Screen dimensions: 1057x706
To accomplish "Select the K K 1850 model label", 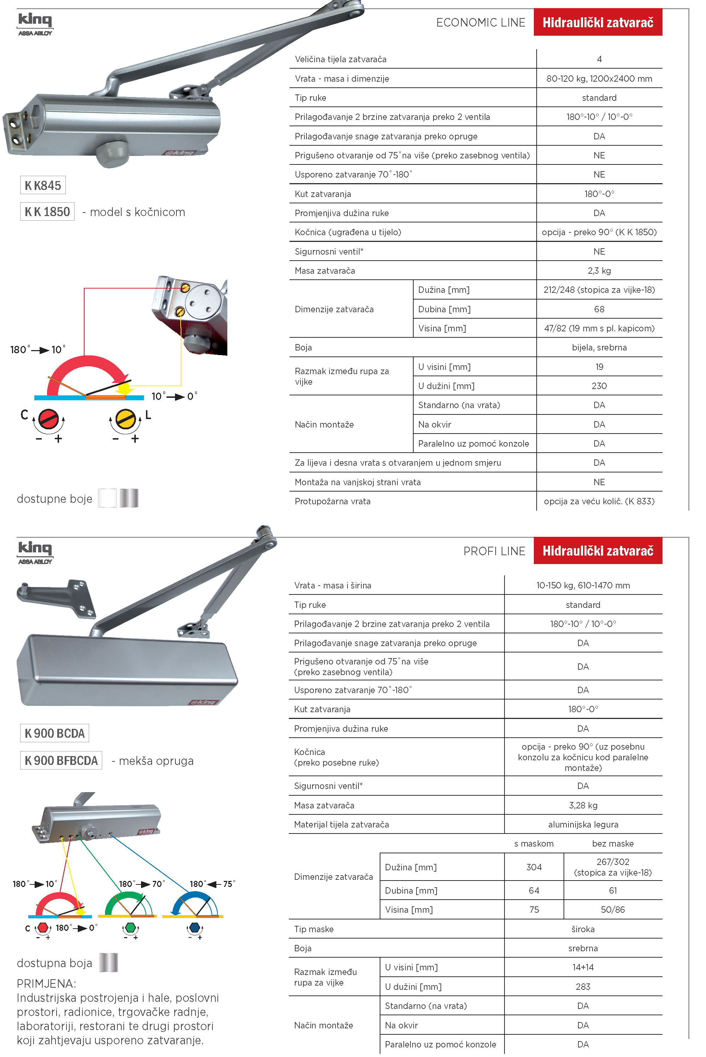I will (47, 212).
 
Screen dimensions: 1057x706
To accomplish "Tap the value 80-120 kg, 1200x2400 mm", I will (599, 79).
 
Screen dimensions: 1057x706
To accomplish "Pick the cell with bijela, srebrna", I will (599, 348).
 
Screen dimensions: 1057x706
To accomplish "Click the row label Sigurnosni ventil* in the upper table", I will (329, 252).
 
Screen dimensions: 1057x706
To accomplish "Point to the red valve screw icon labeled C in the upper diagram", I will (48, 419).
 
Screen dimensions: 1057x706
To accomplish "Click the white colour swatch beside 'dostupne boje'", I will (107, 498).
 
